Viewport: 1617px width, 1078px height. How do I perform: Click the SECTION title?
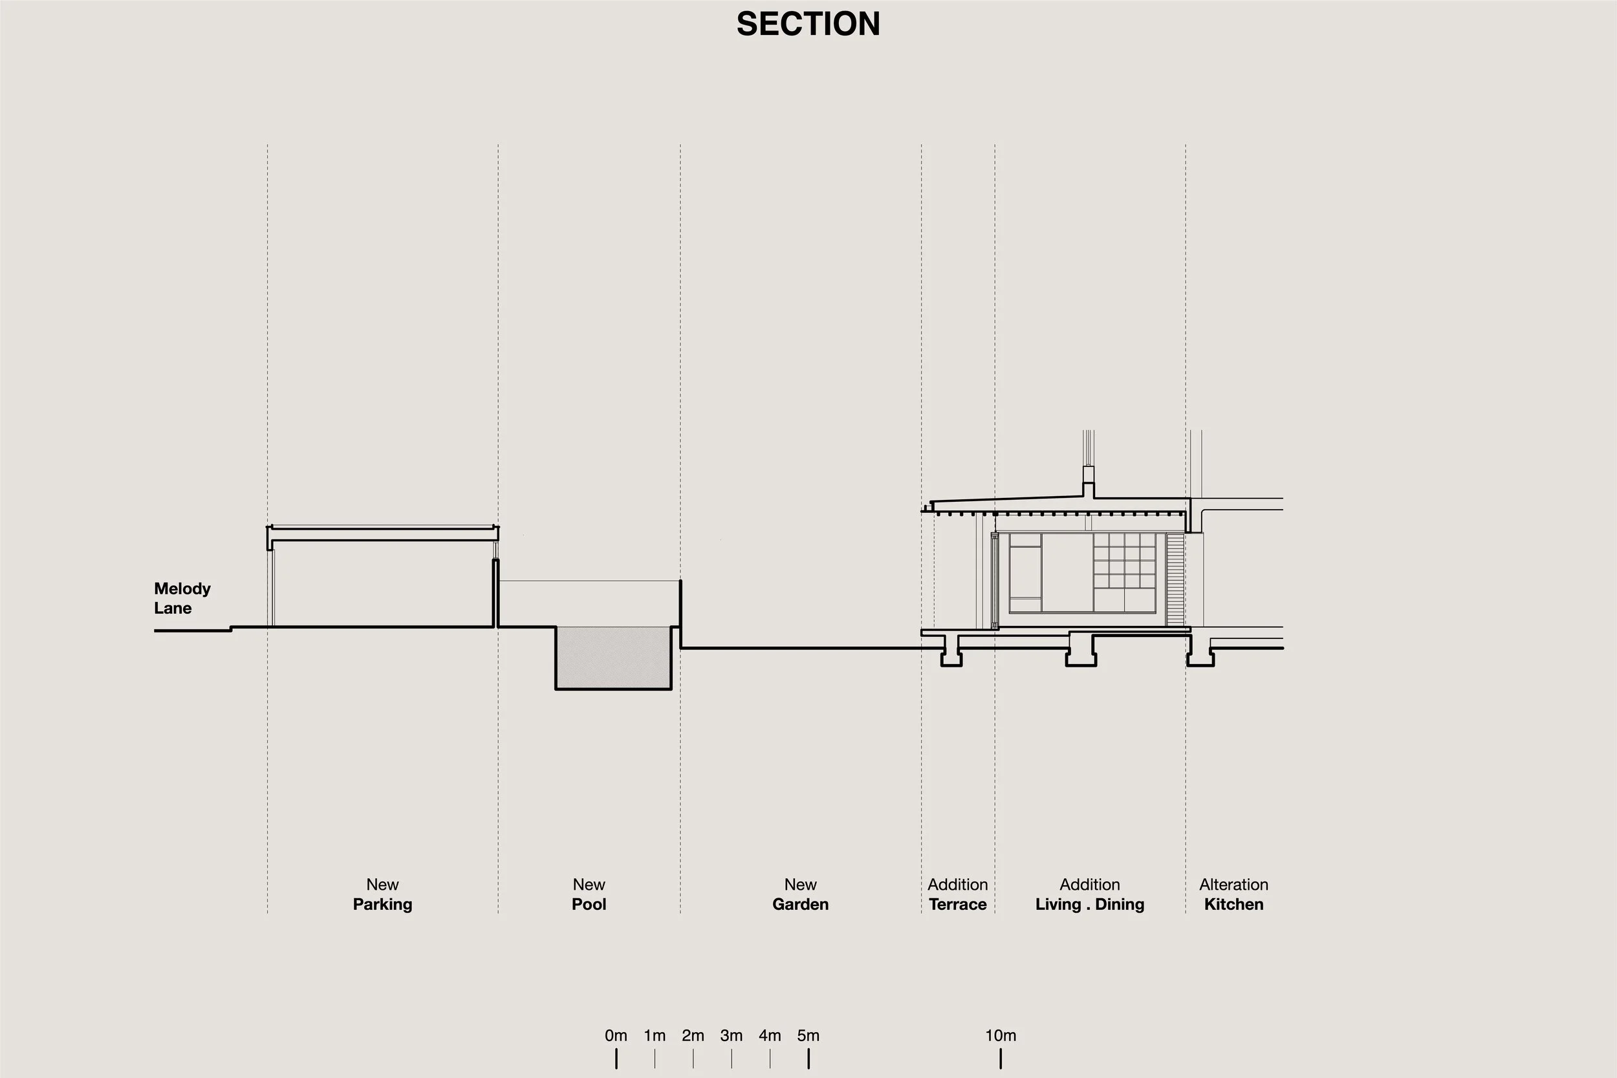coord(808,24)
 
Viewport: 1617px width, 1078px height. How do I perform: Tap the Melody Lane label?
coord(182,598)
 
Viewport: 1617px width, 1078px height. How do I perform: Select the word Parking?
coord(382,904)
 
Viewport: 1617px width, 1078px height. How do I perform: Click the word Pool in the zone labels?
coord(589,904)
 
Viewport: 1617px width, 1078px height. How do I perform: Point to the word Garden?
coord(800,904)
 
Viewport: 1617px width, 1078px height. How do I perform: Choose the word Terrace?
coord(957,904)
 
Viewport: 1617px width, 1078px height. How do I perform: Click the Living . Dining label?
coord(1090,904)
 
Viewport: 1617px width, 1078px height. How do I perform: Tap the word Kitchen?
coord(1233,904)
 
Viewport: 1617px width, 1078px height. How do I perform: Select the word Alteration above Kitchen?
coord(1233,885)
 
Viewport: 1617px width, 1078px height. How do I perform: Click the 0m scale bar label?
coord(616,1035)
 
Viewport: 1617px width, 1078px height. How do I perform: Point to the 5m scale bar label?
coord(808,1035)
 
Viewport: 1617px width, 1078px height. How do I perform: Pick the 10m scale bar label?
coord(1001,1035)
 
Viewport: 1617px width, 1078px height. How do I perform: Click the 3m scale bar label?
coord(732,1035)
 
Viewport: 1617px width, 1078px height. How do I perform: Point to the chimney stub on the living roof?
coord(1089,481)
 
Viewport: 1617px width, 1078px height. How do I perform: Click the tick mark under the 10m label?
coord(1001,1059)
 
